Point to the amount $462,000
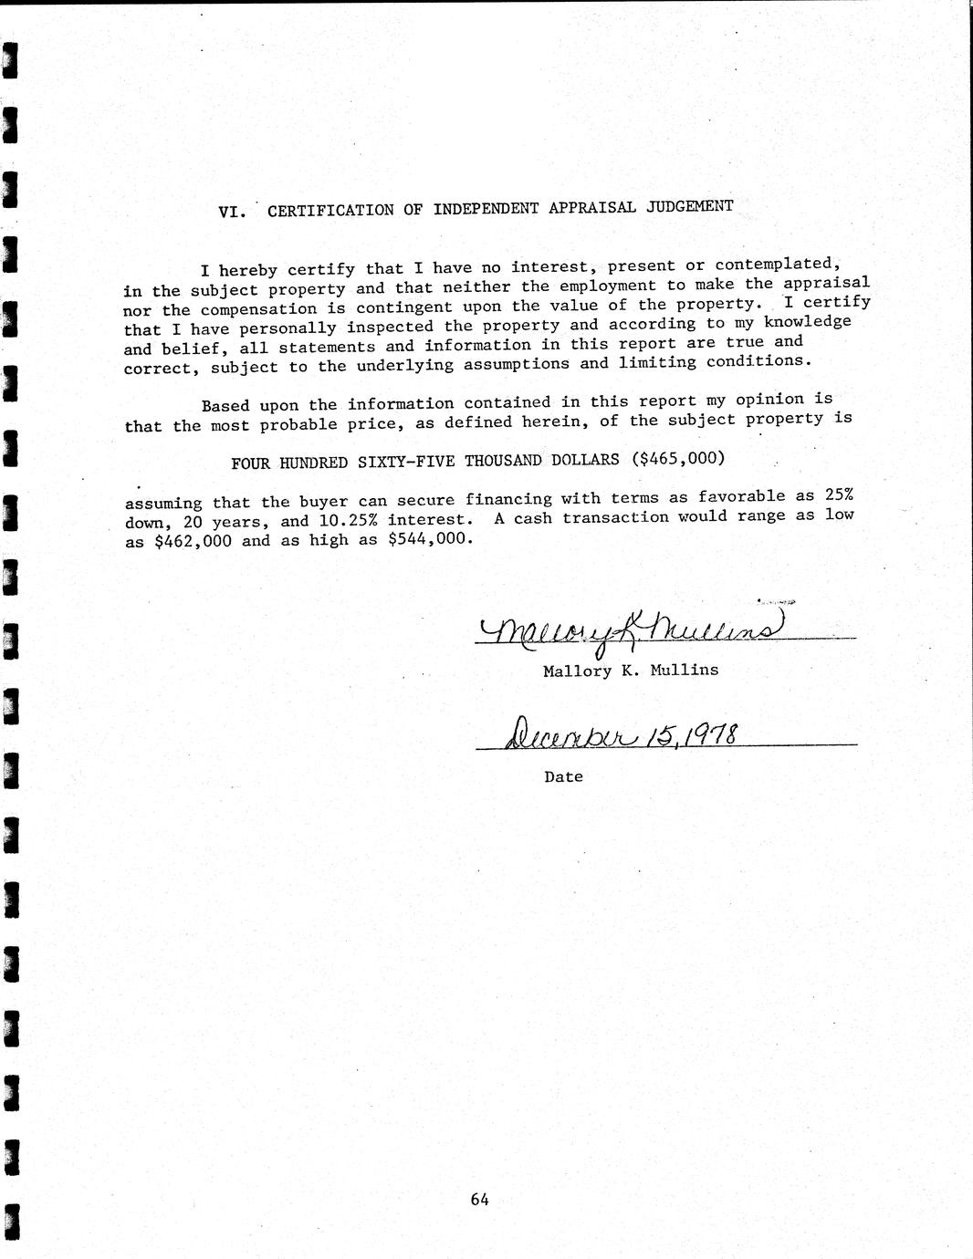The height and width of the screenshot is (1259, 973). pyautogui.click(x=193, y=540)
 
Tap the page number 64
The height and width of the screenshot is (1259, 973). pyautogui.click(x=480, y=1200)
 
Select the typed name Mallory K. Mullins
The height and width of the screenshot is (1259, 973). pyautogui.click(x=630, y=671)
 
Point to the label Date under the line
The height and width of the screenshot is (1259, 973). pyautogui.click(x=563, y=777)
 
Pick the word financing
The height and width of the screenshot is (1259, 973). pyautogui.click(x=508, y=499)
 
